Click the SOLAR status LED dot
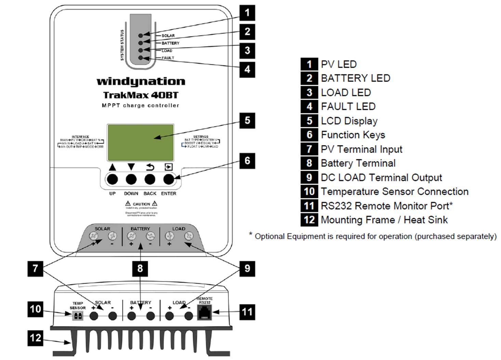(x=141, y=35)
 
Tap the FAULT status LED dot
(x=141, y=58)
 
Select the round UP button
(x=113, y=179)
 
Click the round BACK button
(x=150, y=179)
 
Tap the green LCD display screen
(x=141, y=142)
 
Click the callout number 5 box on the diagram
(x=247, y=120)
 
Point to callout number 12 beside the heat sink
(x=35, y=338)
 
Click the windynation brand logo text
(x=141, y=81)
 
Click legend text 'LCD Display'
(x=349, y=121)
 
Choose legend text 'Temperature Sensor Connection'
(x=394, y=192)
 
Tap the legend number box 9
(x=309, y=177)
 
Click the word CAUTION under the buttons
(x=141, y=204)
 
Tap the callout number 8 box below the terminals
(x=140, y=268)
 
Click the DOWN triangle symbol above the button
(x=131, y=167)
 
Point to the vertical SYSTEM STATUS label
(x=122, y=45)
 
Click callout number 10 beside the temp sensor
(x=35, y=309)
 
